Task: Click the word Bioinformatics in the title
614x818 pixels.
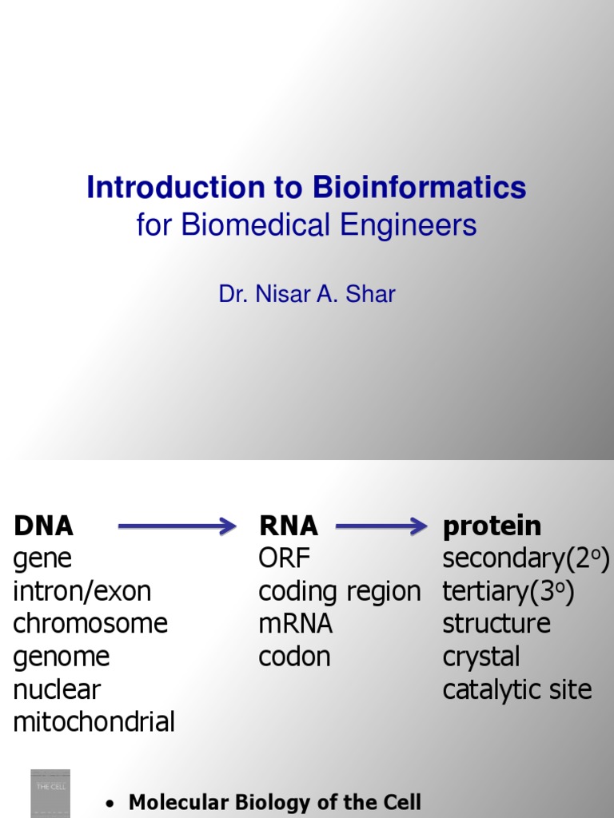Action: pos(419,188)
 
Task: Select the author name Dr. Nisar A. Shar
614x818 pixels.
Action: pos(307,294)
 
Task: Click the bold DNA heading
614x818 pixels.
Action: pos(43,526)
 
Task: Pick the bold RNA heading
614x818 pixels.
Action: pos(288,526)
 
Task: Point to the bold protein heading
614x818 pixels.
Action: pos(492,526)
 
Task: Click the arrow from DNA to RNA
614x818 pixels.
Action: pos(177,526)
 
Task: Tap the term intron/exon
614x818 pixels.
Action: pos(82,591)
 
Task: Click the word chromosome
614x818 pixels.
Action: pos(90,624)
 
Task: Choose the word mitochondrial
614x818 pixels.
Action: pos(94,722)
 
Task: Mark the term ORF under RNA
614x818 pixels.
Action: pos(284,558)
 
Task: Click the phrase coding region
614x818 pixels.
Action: pos(339,592)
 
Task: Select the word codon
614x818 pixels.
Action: pos(294,657)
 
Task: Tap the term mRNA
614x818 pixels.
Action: pos(295,624)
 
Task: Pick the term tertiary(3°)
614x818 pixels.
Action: pos(508,591)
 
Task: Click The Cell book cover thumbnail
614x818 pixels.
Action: pos(50,792)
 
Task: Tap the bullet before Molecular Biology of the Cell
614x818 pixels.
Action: pos(112,803)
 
